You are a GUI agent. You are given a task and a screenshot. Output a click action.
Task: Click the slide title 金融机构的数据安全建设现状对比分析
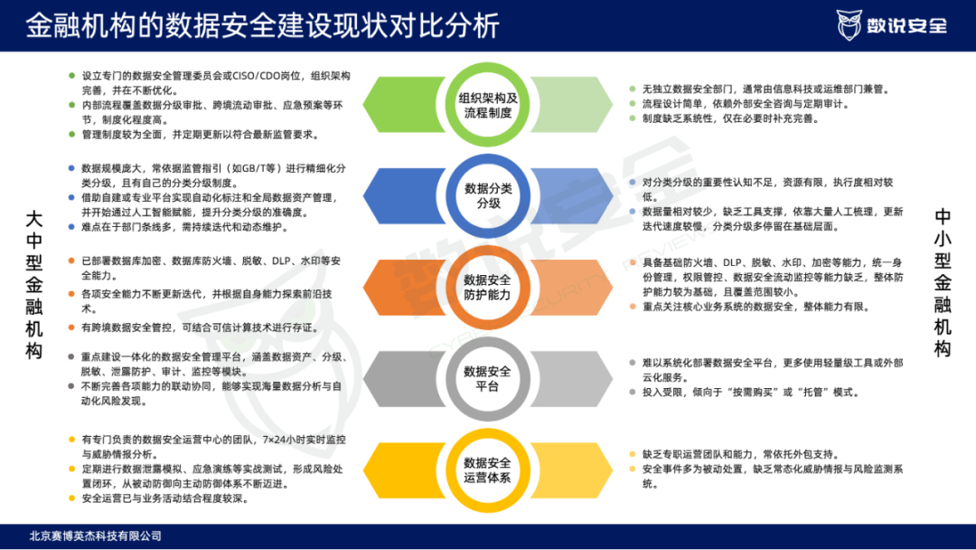(262, 25)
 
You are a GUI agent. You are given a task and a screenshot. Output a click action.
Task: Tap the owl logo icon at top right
(849, 25)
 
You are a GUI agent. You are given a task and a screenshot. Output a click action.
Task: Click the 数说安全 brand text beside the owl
(907, 26)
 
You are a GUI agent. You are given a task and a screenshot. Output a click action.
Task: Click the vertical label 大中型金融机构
(34, 285)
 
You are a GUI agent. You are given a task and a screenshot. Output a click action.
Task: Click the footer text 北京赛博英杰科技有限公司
(95, 536)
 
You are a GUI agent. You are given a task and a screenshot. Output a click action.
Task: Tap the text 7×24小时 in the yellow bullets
(284, 440)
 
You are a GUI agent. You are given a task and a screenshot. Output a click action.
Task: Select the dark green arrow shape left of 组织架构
(404, 105)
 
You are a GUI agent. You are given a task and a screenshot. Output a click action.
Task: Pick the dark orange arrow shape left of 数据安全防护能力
(404, 287)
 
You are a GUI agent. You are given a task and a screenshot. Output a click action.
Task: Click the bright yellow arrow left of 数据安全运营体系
(404, 470)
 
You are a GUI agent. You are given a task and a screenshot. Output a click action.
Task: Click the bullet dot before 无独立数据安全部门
(633, 89)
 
